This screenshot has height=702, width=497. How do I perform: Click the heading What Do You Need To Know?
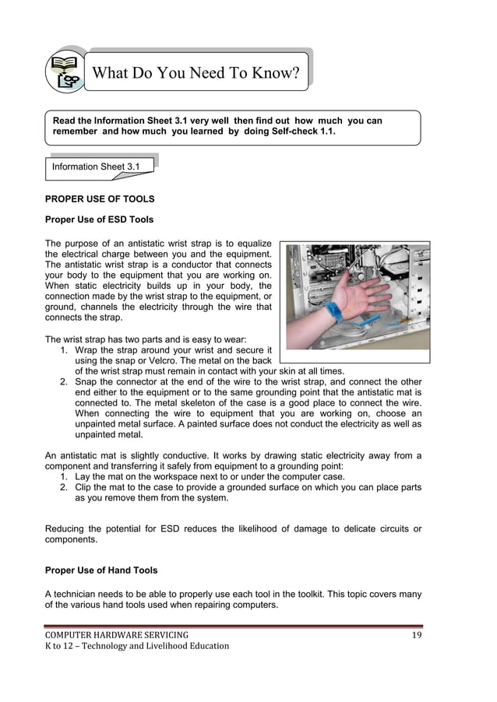196,74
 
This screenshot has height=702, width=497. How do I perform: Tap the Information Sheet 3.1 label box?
95,167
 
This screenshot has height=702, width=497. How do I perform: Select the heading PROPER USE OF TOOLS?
100,199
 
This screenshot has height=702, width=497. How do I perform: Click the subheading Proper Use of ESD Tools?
99,219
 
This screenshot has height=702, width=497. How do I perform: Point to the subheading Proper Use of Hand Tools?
101,570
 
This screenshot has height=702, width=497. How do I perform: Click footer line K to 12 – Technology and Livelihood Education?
137,646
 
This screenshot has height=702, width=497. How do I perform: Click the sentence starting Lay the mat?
210,476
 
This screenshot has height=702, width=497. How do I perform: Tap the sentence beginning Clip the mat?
248,487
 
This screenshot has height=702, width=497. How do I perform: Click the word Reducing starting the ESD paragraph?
69,529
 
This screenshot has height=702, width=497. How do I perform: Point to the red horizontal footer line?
234,626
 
